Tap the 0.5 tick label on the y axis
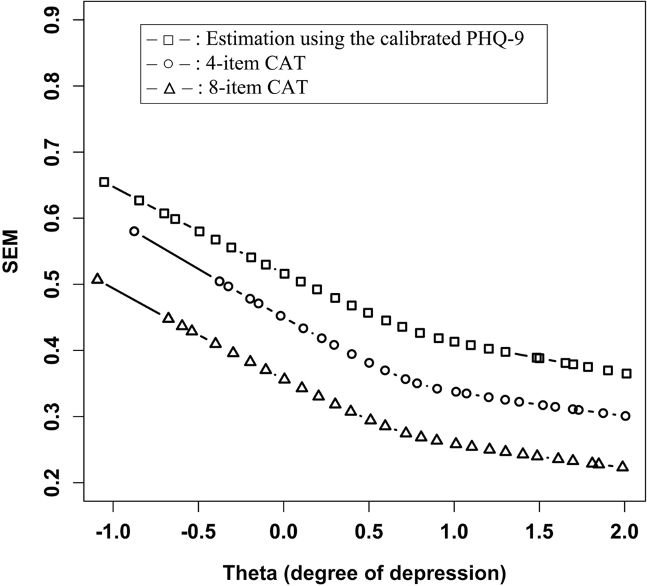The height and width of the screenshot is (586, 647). [x=58, y=284]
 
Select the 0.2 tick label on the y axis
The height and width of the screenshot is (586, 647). [x=58, y=483]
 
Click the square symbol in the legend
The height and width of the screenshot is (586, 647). [x=168, y=39]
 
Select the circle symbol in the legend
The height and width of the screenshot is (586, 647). [x=168, y=64]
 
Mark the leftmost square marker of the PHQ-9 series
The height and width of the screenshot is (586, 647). [x=104, y=182]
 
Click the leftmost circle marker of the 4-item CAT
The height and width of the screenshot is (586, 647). [x=134, y=231]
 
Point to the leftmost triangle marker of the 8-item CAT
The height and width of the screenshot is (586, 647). [x=97, y=278]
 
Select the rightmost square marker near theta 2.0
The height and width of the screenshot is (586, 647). [x=626, y=374]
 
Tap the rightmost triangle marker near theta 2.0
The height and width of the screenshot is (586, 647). [x=622, y=466]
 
